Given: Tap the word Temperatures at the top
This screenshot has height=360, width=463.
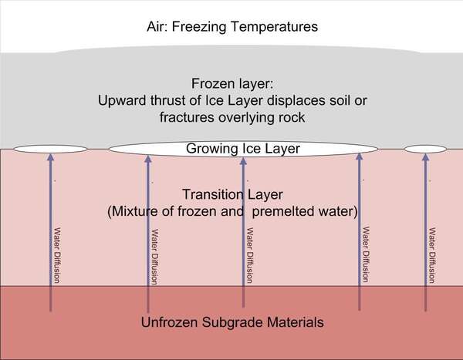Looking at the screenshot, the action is pos(274,27).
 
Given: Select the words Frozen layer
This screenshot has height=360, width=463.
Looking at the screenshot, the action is pos(232,84).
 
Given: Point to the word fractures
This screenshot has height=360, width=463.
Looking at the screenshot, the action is pos(187,117).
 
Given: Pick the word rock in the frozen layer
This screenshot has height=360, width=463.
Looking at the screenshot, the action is pos(292,117).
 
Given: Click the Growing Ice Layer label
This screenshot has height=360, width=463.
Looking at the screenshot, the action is pos(243,149).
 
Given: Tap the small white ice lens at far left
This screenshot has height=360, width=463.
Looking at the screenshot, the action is pos(50,149).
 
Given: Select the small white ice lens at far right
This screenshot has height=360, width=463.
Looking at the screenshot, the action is pos(425,149).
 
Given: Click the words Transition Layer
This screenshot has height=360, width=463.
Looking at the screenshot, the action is pos(233,194).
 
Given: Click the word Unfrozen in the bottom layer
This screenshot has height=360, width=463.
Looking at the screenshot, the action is pos(169,322).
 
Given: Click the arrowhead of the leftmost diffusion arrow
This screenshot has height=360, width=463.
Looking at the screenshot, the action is pos(51,156).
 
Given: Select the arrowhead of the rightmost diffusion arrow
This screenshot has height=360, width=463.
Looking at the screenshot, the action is pos(425,156).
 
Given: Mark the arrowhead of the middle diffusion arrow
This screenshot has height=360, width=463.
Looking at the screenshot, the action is pos(243,161).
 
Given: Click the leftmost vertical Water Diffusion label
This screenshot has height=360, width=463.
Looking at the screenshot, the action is pos(57,255).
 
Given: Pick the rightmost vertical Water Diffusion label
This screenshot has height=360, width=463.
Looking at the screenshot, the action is pos(432,255).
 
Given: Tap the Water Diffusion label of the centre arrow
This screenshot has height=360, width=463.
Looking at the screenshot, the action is pos(250,255).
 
